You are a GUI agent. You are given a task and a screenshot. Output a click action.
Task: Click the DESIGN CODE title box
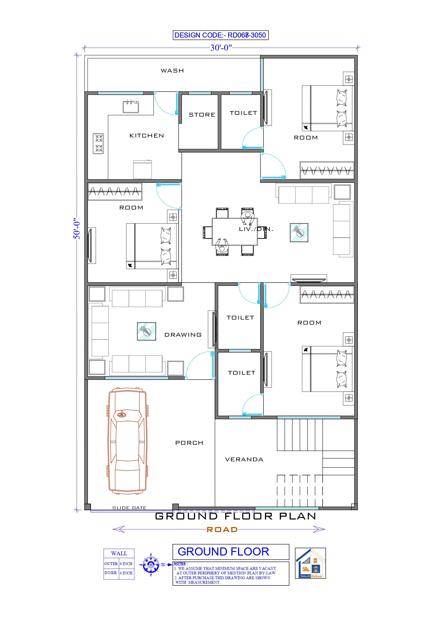[x=220, y=35]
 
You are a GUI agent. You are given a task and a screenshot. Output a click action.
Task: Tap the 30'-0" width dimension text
[x=221, y=48]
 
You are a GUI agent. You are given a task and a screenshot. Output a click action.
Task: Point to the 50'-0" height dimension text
[x=77, y=228]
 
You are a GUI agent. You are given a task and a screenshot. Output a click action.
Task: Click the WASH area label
[x=172, y=71]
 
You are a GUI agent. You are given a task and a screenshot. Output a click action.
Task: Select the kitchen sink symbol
[x=131, y=107]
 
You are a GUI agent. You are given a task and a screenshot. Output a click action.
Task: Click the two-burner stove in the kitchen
[x=98, y=144]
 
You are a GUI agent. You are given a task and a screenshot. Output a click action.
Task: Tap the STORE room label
[x=202, y=115]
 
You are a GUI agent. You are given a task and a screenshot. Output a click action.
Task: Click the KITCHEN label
[x=147, y=135]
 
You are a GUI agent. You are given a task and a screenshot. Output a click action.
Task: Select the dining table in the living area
[x=235, y=231]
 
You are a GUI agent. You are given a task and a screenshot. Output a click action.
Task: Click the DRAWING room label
[x=183, y=335]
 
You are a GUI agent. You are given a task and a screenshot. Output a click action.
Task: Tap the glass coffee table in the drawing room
[x=147, y=331]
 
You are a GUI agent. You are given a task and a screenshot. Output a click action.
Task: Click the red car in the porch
[x=127, y=441]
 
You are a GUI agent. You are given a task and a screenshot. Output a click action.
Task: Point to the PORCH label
[x=189, y=443]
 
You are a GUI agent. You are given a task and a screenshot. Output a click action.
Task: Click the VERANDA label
[x=244, y=460]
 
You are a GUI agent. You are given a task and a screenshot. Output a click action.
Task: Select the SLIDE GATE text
[x=129, y=508]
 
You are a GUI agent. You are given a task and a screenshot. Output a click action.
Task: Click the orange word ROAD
[x=222, y=530]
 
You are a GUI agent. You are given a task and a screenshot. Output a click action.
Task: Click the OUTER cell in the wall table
[x=111, y=564]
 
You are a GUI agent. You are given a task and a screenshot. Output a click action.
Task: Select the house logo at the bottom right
[x=310, y=563]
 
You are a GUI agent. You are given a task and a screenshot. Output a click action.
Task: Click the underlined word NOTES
[x=180, y=564]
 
